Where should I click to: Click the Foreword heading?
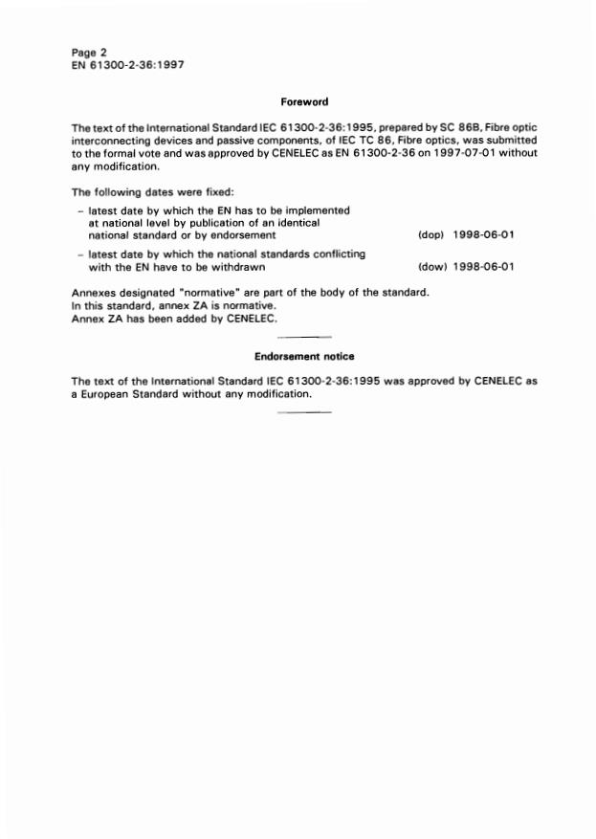(304, 100)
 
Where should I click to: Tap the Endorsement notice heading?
(304, 357)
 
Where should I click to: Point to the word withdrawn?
(236, 267)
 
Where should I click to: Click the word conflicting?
(338, 254)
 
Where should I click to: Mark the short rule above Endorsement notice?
(303, 337)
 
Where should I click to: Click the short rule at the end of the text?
(303, 412)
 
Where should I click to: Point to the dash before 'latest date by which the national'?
(78, 254)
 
